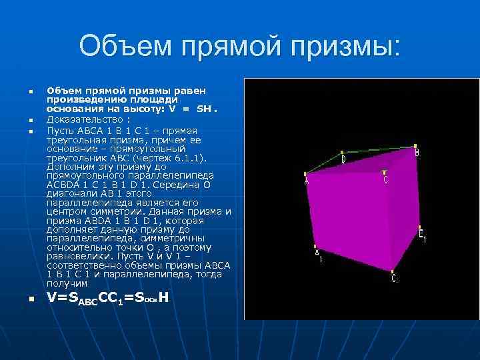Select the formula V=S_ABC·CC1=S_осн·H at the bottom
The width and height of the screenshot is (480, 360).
[107, 298]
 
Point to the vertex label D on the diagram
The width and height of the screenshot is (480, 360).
[343, 160]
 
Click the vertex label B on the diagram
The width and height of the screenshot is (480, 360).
[417, 153]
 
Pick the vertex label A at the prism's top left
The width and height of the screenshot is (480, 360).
[307, 181]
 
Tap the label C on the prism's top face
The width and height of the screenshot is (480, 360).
[385, 179]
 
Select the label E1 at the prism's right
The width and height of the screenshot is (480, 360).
[422, 235]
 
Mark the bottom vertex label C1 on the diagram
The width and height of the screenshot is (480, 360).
[395, 278]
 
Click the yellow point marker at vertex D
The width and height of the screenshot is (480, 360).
[341, 152]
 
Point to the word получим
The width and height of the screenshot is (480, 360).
[68, 283]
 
